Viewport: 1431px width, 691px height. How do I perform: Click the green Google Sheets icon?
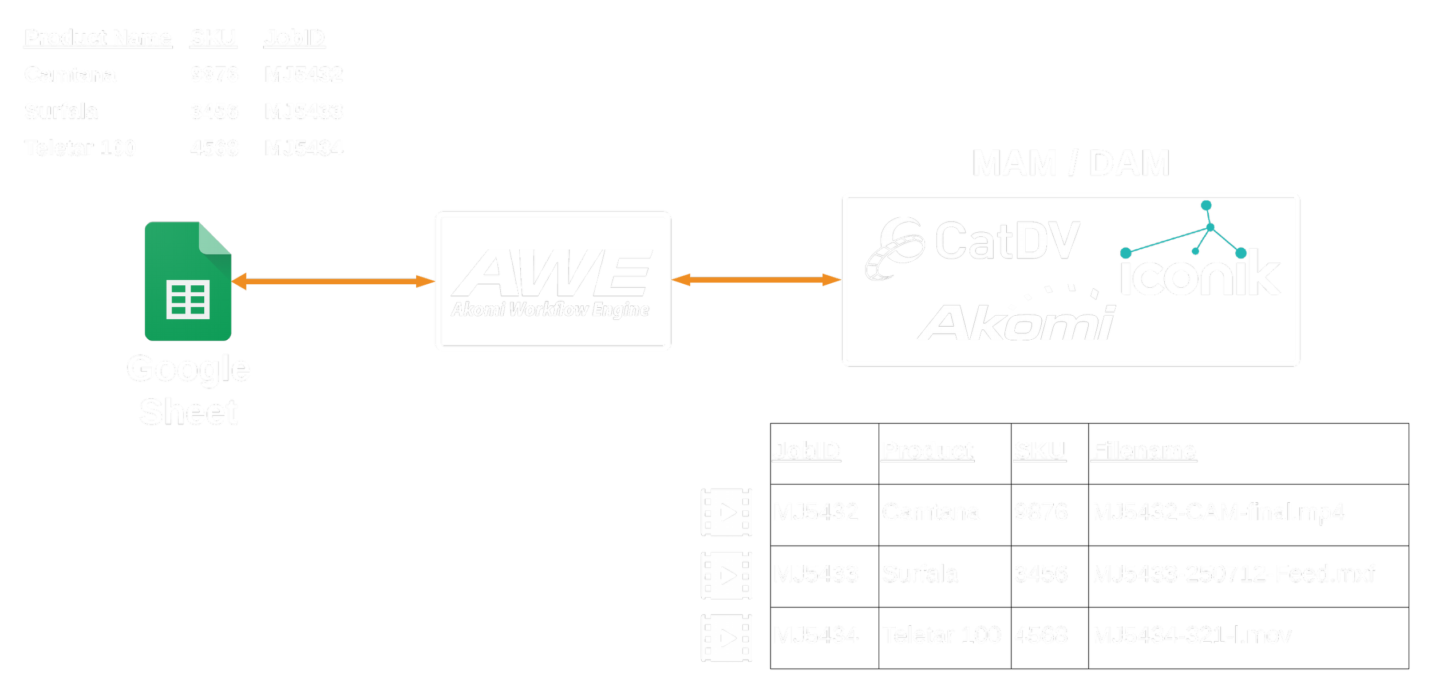point(188,281)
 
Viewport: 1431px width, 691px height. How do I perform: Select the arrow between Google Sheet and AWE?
point(333,281)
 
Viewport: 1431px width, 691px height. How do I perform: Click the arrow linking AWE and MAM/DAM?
point(756,280)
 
